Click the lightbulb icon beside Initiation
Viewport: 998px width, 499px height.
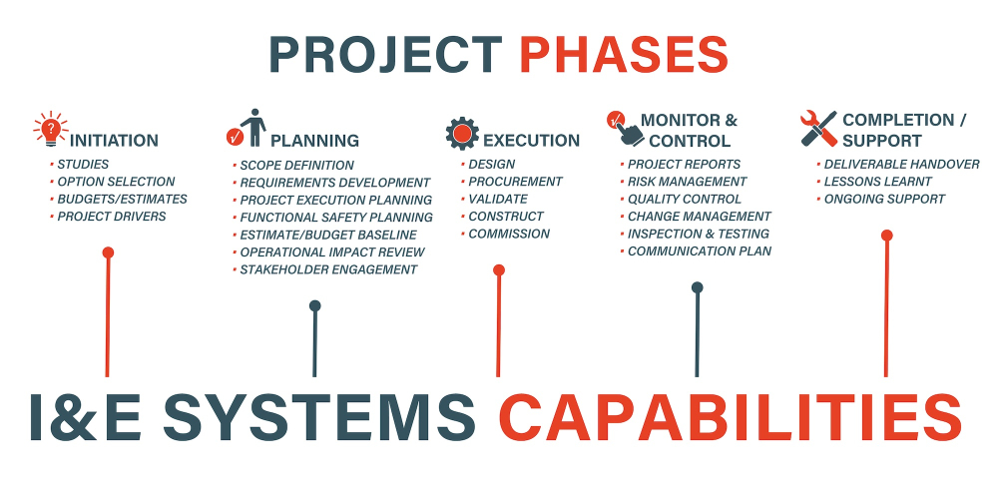tap(51, 129)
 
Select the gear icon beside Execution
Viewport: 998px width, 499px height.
tap(462, 134)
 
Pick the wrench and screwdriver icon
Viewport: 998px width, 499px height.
tap(818, 129)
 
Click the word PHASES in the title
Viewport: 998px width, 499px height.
tap(624, 55)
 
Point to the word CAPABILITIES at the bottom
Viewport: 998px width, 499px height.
tap(731, 417)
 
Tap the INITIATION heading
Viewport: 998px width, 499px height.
tap(114, 140)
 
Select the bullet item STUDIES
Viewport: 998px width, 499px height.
tap(83, 165)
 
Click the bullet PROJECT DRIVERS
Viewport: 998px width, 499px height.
tap(112, 217)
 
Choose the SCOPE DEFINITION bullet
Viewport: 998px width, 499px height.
tap(296, 166)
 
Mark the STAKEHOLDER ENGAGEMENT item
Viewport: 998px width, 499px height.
tap(328, 269)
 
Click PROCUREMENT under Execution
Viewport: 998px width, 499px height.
tap(516, 182)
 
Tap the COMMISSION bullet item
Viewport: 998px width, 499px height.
tap(509, 234)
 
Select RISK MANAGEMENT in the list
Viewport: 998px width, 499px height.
tap(688, 182)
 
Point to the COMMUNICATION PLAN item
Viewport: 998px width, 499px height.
tap(700, 251)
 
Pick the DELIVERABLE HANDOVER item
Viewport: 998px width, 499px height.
tap(902, 165)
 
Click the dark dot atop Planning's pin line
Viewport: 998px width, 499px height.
tap(315, 305)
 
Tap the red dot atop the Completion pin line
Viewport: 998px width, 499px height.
tap(886, 236)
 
